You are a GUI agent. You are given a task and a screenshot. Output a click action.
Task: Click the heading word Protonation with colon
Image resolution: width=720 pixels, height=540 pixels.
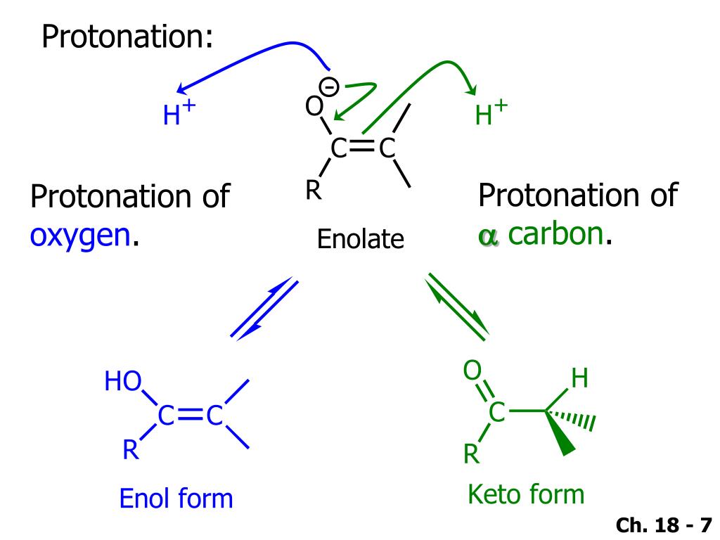tap(127, 37)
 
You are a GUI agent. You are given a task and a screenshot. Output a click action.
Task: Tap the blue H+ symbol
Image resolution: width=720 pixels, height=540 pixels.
tap(179, 114)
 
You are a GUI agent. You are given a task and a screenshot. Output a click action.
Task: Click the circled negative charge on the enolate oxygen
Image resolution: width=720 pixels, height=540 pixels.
tap(329, 86)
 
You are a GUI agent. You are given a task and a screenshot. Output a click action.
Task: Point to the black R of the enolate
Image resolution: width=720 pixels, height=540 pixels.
tap(314, 191)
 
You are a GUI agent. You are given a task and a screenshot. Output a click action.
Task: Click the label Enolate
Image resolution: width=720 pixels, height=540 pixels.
tap(360, 240)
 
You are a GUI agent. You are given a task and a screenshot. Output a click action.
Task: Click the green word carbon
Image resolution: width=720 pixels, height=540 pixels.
tap(555, 235)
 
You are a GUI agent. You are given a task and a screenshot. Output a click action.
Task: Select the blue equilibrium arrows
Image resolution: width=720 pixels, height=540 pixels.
tap(264, 308)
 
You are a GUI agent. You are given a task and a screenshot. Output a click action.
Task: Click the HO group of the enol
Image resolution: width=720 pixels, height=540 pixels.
tap(122, 382)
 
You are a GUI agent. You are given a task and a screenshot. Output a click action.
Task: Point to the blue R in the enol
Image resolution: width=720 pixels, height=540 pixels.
tap(130, 449)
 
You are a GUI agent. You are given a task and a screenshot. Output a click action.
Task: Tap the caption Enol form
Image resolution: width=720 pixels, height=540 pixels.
tap(176, 499)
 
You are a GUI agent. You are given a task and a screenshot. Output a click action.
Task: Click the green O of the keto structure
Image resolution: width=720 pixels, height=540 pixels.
tap(472, 370)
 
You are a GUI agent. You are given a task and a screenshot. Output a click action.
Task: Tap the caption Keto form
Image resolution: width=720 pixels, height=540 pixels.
tap(525, 494)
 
